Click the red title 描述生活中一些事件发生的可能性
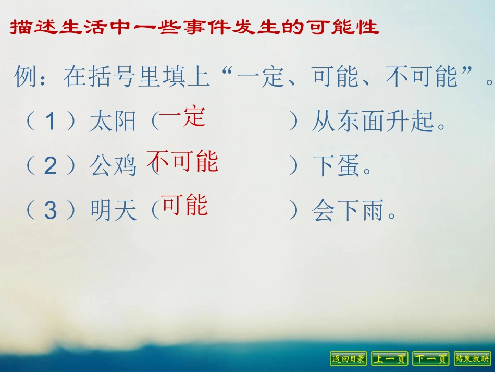(194, 28)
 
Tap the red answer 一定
(182, 117)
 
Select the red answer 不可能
(182, 161)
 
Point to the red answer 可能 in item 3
(184, 205)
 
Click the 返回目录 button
(349, 358)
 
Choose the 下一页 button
(430, 358)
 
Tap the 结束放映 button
(472, 358)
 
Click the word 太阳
(113, 122)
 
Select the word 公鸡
(113, 166)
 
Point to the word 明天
(113, 211)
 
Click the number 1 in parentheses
(50, 122)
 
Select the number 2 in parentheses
(50, 166)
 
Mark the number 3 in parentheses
(50, 211)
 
